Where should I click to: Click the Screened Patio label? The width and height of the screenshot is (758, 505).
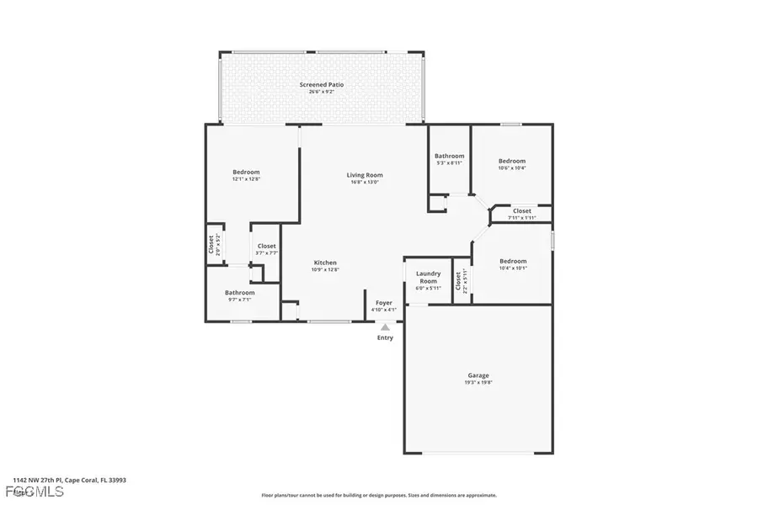pos(322,85)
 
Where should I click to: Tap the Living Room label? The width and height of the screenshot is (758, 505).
pos(365,175)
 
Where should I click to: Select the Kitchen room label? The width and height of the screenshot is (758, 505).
pos(325,263)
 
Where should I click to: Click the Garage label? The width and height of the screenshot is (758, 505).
pos(478,375)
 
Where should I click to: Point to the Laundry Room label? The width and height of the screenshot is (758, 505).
pos(428,277)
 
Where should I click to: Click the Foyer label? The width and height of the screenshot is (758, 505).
pos(384,302)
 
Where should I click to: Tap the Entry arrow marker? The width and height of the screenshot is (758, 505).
pos(385,327)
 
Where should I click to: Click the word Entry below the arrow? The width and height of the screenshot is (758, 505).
pos(385,338)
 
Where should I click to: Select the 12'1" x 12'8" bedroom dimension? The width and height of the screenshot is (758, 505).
pos(246,179)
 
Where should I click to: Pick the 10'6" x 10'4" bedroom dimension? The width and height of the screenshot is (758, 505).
pos(511,168)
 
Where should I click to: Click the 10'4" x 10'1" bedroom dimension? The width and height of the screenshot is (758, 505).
pos(512,268)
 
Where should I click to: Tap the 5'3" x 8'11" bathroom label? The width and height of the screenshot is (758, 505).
pos(449,163)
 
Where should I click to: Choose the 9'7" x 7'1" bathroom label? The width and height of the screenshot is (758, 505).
pos(239,300)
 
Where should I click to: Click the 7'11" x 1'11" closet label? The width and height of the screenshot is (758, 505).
pos(521,218)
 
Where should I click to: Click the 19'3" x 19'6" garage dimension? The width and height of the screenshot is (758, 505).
pos(478,383)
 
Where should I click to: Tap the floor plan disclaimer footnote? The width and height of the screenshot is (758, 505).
pos(379,496)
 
